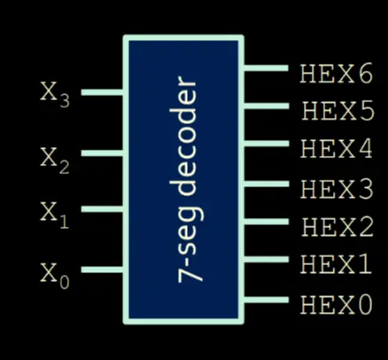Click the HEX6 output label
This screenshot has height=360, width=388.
(x=337, y=73)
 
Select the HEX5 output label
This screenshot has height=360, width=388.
(x=338, y=111)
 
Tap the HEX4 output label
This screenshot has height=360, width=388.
(x=337, y=149)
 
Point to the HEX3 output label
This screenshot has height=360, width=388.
(x=338, y=188)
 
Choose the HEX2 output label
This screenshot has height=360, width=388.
(x=338, y=226)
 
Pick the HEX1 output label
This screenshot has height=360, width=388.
(x=336, y=264)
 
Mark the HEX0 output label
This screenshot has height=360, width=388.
(x=337, y=304)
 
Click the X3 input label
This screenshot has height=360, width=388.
(x=55, y=95)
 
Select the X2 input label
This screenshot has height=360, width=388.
(x=55, y=160)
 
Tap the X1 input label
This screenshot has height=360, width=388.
(x=55, y=215)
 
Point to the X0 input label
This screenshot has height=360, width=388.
(x=55, y=277)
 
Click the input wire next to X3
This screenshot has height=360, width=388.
(x=102, y=92)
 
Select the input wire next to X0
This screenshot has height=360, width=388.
(x=102, y=270)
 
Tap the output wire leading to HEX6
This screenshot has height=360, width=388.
(x=266, y=68)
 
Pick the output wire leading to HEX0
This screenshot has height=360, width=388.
(x=266, y=300)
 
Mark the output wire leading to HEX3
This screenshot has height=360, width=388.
(x=266, y=184)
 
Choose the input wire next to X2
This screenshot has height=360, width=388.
(x=102, y=153)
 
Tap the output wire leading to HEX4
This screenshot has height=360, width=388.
(x=266, y=144)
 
